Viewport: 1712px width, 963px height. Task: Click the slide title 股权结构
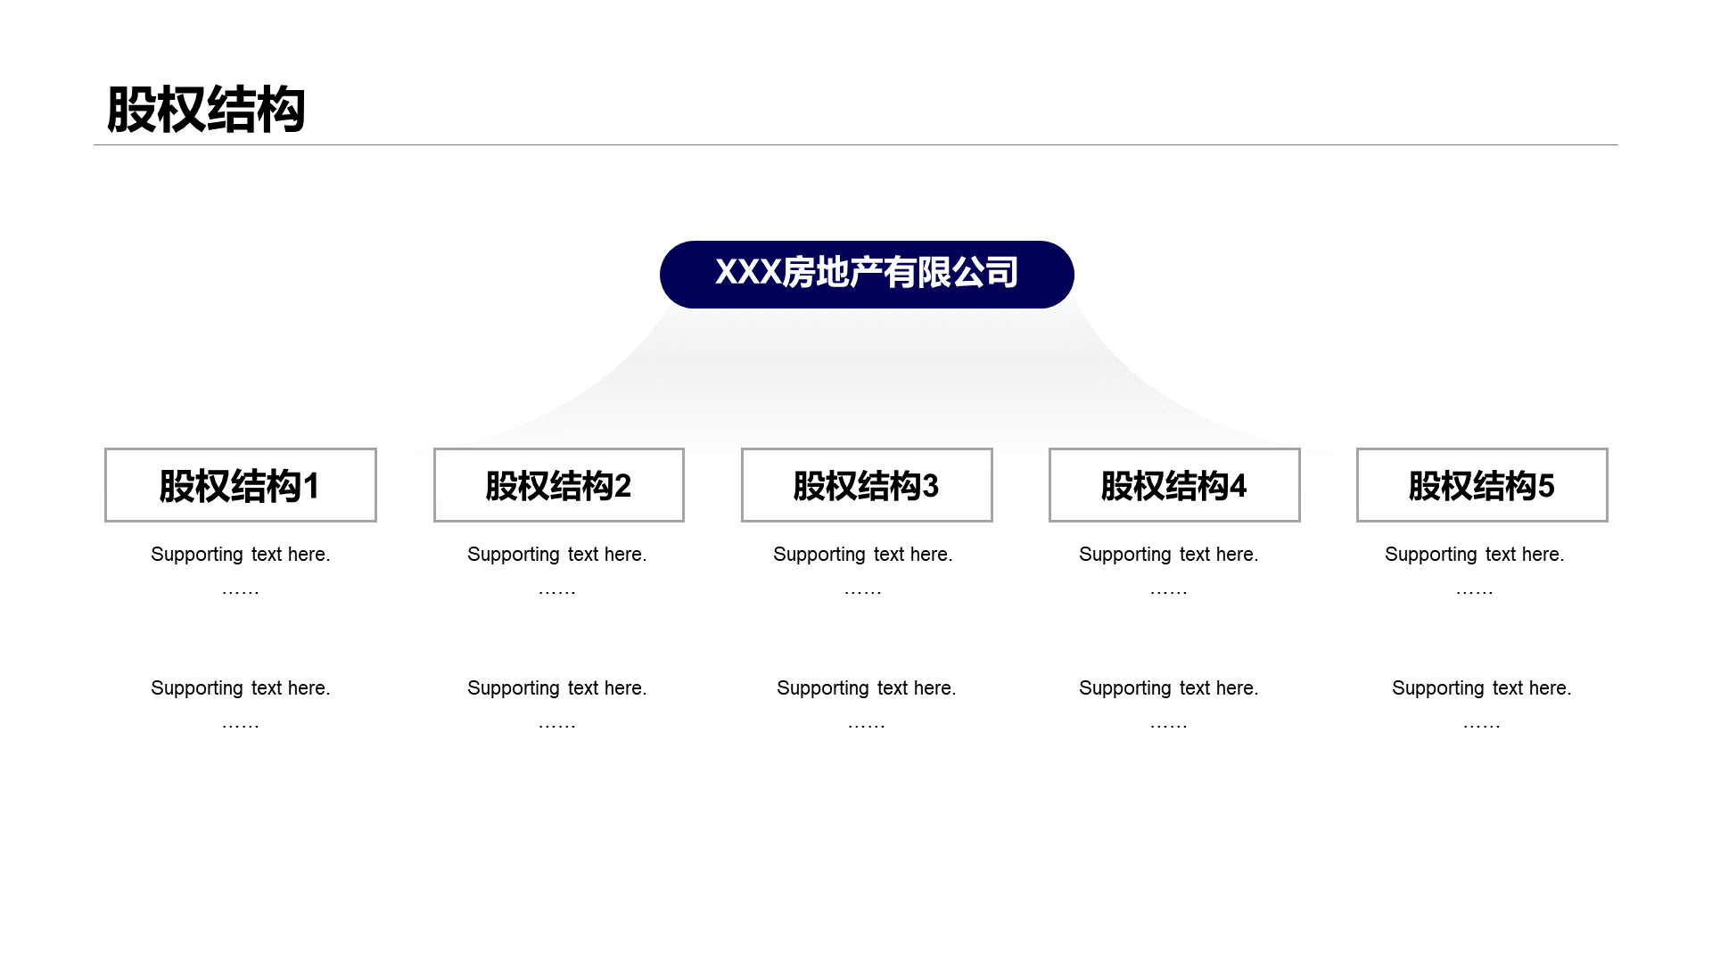(x=206, y=111)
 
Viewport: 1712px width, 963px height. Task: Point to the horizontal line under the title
(x=855, y=144)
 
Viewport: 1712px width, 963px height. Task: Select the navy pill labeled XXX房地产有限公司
(x=867, y=275)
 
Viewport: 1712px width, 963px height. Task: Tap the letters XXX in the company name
(x=748, y=273)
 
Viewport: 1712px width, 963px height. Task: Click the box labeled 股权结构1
(x=241, y=485)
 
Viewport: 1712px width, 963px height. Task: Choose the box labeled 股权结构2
(x=559, y=485)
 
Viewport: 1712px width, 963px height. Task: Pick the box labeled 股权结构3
(x=867, y=485)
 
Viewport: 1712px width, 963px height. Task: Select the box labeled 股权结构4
(x=1174, y=485)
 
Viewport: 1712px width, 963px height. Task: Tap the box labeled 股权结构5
(x=1482, y=485)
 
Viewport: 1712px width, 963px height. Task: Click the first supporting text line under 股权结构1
(x=241, y=555)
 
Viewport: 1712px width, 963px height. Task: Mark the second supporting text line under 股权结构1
(x=241, y=688)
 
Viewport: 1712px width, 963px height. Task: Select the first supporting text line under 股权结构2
(x=557, y=555)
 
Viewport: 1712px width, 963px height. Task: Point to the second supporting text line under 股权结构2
(x=557, y=688)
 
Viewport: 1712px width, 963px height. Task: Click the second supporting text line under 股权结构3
(x=867, y=688)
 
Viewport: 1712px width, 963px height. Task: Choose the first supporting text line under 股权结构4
(x=1169, y=555)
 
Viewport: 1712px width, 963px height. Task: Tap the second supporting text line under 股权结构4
(x=1169, y=688)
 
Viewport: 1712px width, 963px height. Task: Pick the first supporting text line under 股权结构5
(x=1475, y=555)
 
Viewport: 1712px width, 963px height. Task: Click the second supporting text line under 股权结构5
(x=1482, y=688)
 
